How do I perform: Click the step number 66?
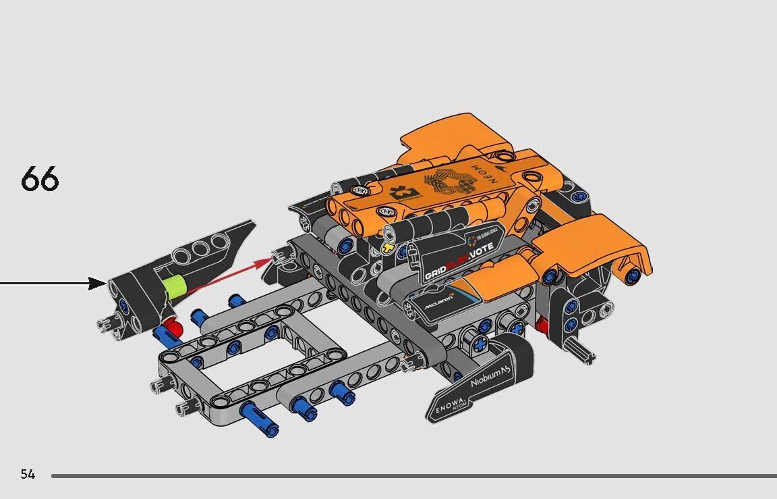pos(40,179)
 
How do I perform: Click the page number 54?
pos(28,474)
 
